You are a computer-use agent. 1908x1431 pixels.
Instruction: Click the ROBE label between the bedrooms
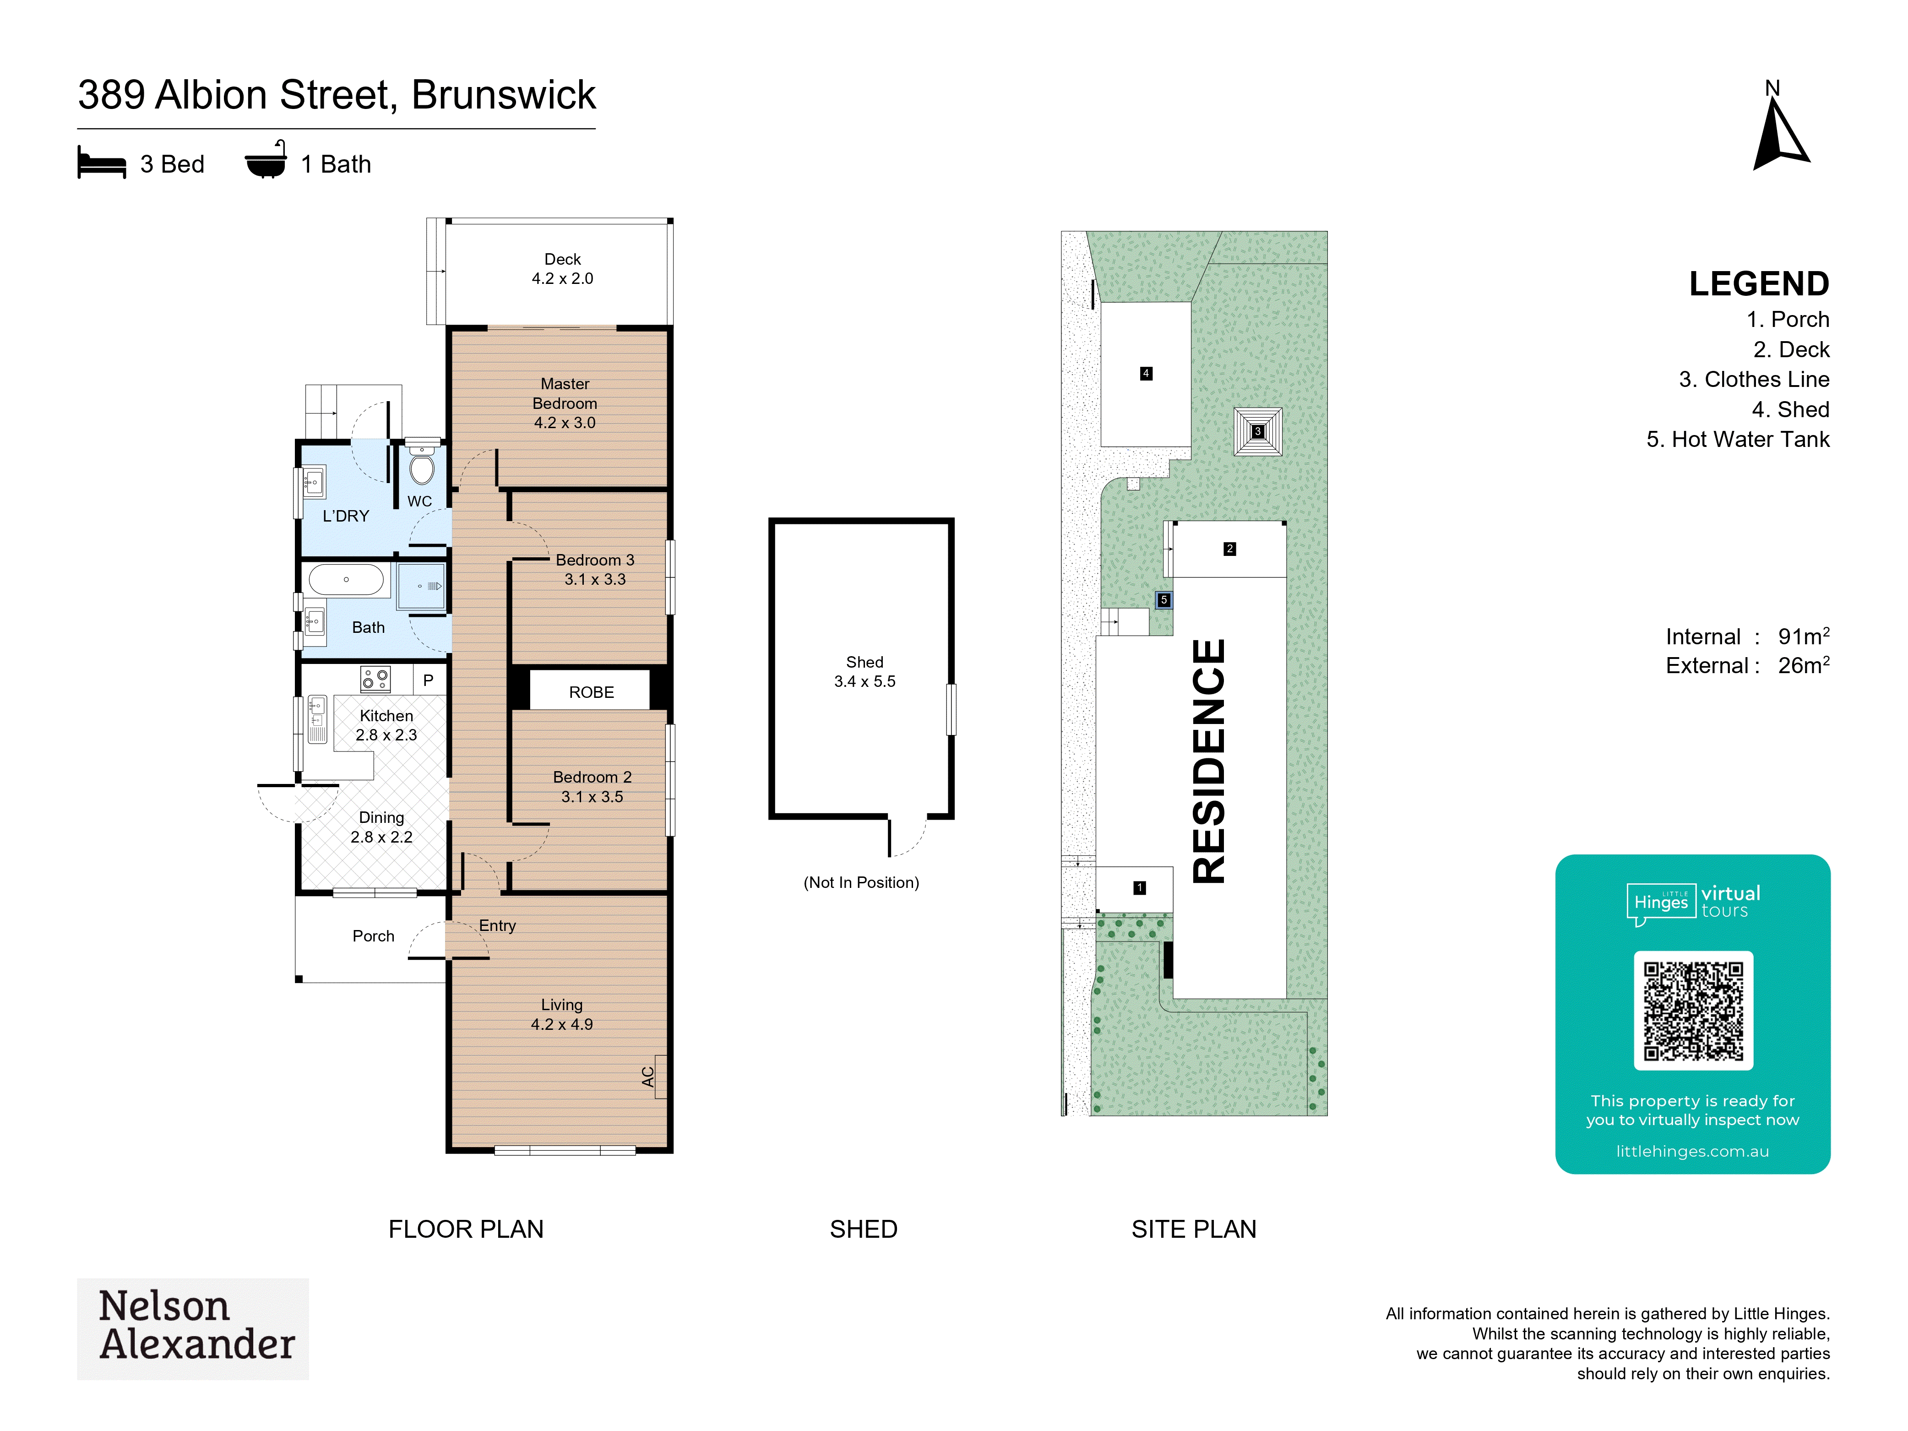pyautogui.click(x=592, y=693)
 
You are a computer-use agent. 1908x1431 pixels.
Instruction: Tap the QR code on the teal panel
pyautogui.click(x=1693, y=1011)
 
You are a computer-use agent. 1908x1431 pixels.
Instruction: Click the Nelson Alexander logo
pyautogui.click(x=193, y=1328)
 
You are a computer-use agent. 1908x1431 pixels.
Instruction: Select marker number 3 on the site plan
pyautogui.click(x=1258, y=431)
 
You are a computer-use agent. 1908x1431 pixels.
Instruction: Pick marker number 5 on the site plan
pyautogui.click(x=1163, y=599)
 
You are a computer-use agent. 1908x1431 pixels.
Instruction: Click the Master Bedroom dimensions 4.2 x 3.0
pyautogui.click(x=565, y=423)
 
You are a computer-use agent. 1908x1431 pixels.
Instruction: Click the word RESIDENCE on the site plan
pyautogui.click(x=1208, y=761)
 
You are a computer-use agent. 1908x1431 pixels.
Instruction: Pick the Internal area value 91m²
pyautogui.click(x=1804, y=637)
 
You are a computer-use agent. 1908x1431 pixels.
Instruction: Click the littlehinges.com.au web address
pyautogui.click(x=1692, y=1152)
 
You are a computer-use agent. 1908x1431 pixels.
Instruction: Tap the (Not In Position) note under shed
pyautogui.click(x=862, y=882)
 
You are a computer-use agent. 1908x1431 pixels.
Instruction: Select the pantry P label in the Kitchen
pyautogui.click(x=428, y=680)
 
